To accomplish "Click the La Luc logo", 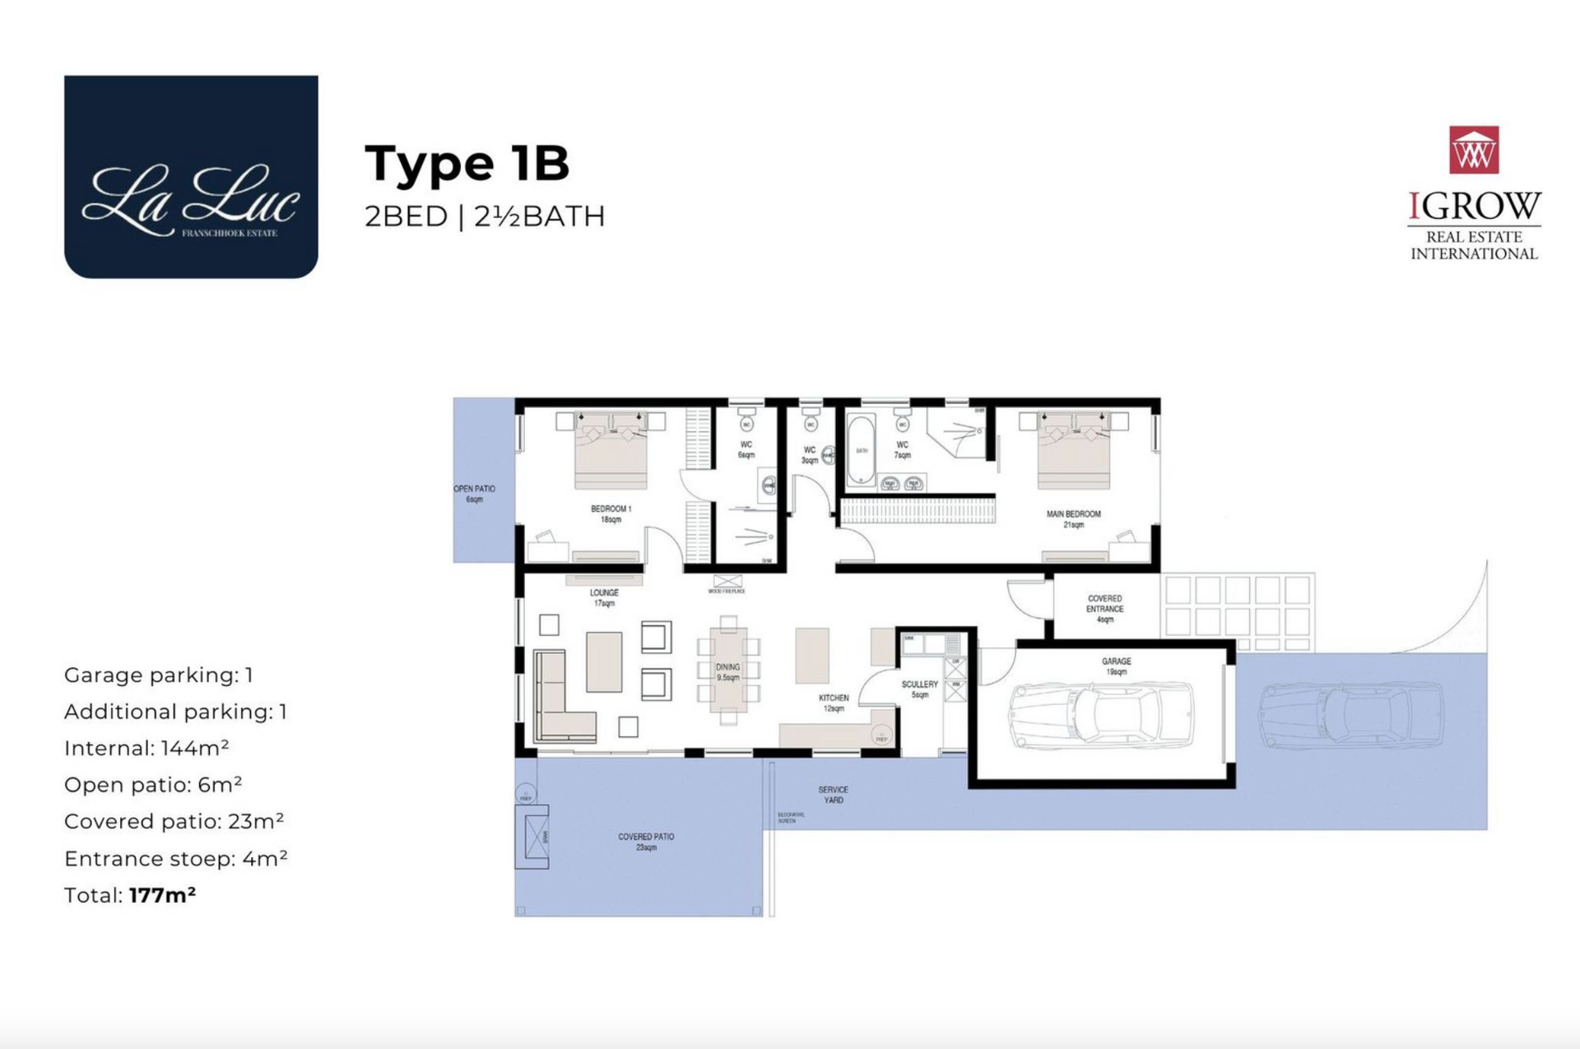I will point(191,177).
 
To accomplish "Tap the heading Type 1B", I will point(467,163).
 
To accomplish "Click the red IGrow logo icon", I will point(1473,150).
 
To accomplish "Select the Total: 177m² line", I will point(130,895).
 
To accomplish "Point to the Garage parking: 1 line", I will point(158,675).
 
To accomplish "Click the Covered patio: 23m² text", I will point(174,821).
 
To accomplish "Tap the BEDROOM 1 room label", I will point(611,513).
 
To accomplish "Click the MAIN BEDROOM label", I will point(1073,518).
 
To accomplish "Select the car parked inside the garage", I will point(1101,714).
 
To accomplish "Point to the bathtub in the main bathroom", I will point(861,451).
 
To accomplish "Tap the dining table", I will point(728,670).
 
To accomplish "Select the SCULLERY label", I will point(919,689).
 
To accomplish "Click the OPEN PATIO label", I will point(475,494).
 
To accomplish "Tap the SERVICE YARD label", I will point(833,794).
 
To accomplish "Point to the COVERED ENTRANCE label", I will point(1104,609).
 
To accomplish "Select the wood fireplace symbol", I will point(727,582).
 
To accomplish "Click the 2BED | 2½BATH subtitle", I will point(485,216).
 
